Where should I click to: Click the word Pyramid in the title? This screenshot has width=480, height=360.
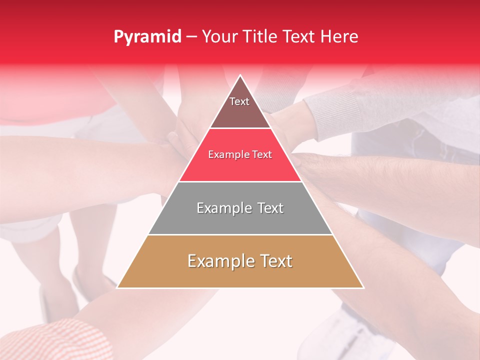click(147, 37)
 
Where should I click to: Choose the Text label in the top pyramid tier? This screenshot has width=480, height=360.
click(239, 101)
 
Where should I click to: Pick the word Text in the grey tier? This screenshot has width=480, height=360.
click(270, 208)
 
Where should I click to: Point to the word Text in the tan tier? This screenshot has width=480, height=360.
click(275, 261)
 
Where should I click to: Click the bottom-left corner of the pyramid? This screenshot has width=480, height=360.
click(117, 287)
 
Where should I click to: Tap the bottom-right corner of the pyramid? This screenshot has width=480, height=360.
click(363, 287)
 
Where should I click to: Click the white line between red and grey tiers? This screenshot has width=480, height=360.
click(240, 181)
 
